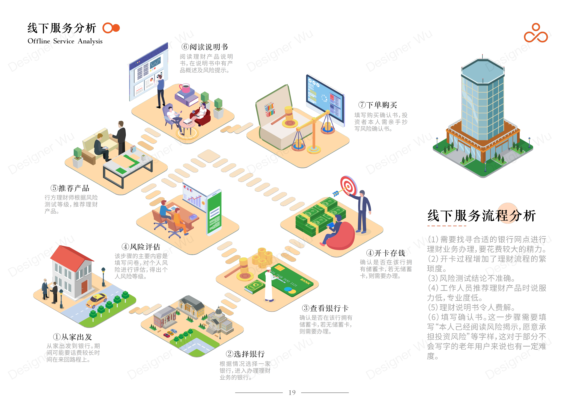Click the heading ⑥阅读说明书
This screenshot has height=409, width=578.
point(204,47)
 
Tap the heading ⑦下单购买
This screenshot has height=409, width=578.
point(378,105)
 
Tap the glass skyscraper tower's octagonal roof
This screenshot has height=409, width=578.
point(483,67)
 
